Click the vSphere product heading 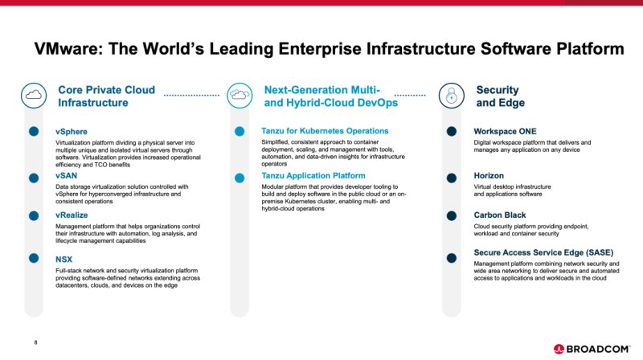click(x=72, y=132)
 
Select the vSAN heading click(x=67, y=175)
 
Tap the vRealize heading click(x=72, y=215)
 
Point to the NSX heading click(x=64, y=259)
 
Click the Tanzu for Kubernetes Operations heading click(x=325, y=131)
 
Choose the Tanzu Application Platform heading click(x=313, y=175)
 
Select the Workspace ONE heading click(x=505, y=131)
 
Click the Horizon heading click(x=489, y=175)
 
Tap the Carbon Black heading click(x=500, y=215)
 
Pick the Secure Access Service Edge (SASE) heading click(x=543, y=252)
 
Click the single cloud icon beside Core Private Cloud click(x=34, y=96)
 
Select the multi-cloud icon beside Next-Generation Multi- click(x=240, y=96)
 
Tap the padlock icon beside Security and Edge click(x=452, y=96)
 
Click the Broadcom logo click(x=592, y=349)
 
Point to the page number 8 click(x=35, y=342)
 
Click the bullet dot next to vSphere click(x=34, y=131)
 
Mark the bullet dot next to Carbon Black click(x=452, y=215)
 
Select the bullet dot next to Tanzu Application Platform click(x=240, y=178)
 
